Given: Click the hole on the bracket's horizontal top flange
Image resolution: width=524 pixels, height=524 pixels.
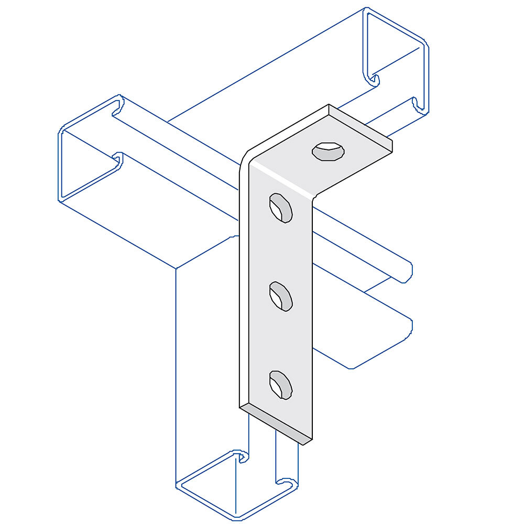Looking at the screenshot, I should coord(329,152).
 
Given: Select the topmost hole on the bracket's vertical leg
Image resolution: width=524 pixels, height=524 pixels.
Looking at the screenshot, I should coord(280,208).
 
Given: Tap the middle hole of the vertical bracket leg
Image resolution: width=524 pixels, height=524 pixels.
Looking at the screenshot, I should coord(280,296).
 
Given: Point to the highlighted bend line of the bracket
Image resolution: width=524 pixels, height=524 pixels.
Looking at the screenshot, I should coord(283,178).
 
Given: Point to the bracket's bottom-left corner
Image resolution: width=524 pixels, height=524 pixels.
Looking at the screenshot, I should coord(240,406).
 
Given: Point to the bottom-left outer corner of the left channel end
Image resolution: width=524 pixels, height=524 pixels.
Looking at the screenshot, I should coord(59,199).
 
